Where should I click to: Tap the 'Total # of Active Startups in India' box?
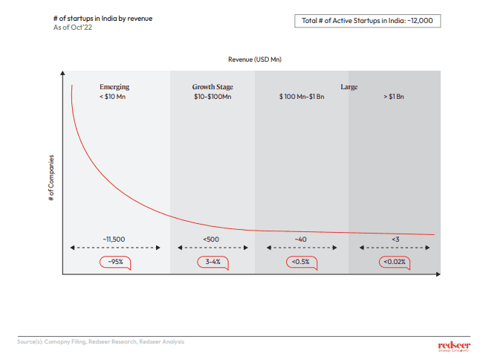tap(367, 20)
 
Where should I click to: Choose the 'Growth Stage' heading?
tap(213, 87)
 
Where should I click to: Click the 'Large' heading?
tap(349, 87)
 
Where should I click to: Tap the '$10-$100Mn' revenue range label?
tap(213, 97)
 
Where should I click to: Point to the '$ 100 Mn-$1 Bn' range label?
tap(302, 97)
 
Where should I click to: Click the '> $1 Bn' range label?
tap(394, 97)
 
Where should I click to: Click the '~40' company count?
tap(300, 239)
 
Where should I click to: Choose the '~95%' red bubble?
tap(114, 262)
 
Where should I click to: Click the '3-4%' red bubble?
tap(213, 262)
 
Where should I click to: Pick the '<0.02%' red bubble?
tap(394, 262)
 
